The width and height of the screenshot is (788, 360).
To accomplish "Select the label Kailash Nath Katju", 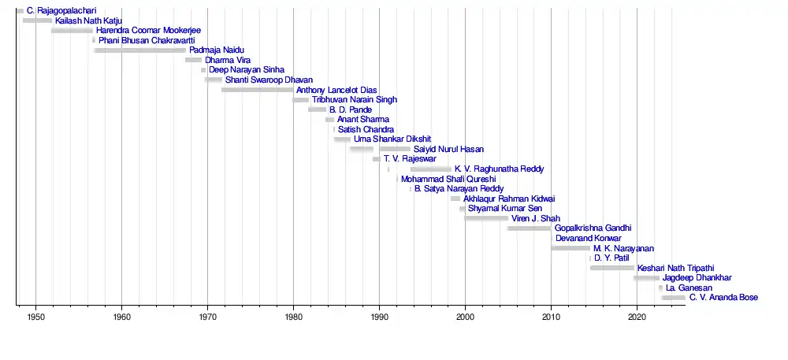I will point(87,20).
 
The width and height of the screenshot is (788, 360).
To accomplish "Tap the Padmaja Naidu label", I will point(217,50).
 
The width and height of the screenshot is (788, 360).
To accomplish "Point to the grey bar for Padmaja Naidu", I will point(140,50).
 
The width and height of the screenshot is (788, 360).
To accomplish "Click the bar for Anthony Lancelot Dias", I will point(257,90).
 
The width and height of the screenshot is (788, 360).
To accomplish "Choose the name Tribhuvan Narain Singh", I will point(355,100).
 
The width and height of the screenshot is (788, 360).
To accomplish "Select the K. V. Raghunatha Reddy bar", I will point(431,169).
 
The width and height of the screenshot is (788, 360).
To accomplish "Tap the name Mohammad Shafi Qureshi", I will point(448,179).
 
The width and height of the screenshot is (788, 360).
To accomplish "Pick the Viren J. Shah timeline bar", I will point(486,218).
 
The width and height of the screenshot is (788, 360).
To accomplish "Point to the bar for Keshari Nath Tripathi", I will point(611,268).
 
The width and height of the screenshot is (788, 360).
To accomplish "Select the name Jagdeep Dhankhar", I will point(697,278).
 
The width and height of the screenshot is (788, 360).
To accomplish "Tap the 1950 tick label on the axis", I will point(35,317).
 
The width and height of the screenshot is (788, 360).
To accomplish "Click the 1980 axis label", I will point(293,317).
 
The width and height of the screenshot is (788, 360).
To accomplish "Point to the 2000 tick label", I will point(465,317).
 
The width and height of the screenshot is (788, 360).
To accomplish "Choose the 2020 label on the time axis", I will point(637,317).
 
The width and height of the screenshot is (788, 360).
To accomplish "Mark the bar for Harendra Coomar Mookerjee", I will point(72,31).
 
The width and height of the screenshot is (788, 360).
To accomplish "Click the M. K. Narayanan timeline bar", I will point(571,248).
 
